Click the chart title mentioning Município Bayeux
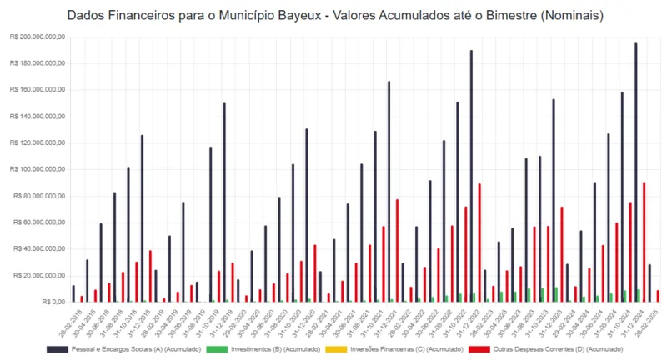click(x=333, y=16)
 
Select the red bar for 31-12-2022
click(x=479, y=242)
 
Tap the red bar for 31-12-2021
click(x=397, y=250)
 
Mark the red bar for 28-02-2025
click(x=658, y=296)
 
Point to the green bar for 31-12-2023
click(x=556, y=295)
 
